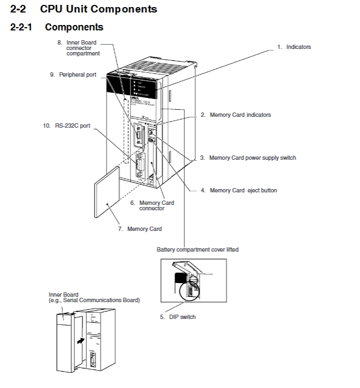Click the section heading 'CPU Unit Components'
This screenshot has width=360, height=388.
[98, 9]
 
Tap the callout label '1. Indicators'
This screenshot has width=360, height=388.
[294, 47]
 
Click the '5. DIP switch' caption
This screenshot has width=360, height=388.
[178, 317]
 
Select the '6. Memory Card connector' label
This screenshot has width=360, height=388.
[152, 205]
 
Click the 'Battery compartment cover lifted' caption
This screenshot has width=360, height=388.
[197, 249]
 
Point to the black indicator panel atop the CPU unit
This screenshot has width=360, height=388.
[133, 86]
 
